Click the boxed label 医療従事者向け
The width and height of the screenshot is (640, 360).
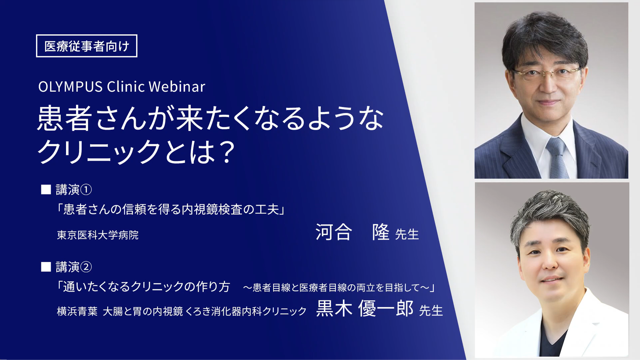[x=87, y=46]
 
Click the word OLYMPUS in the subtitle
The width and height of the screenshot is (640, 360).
[x=70, y=87]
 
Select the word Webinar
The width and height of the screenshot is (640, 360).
[x=177, y=87]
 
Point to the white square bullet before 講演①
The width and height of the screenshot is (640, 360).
[x=46, y=190]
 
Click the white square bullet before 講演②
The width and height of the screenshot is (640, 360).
[x=46, y=267]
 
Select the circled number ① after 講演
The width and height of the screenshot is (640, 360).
[x=86, y=190]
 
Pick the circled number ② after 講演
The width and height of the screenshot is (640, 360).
[x=86, y=267]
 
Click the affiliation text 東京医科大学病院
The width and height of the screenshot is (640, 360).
[x=98, y=235]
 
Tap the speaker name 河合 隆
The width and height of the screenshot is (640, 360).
[x=353, y=232]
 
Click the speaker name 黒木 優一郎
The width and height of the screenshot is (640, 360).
[x=365, y=308]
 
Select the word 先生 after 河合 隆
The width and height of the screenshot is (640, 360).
[x=407, y=234]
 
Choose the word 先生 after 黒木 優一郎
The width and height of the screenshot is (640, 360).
[x=431, y=310]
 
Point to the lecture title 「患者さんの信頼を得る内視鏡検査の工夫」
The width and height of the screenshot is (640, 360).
[x=171, y=209]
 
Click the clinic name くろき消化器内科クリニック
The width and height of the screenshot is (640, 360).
[x=246, y=311]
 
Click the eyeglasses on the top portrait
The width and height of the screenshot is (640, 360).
[x=546, y=73]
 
